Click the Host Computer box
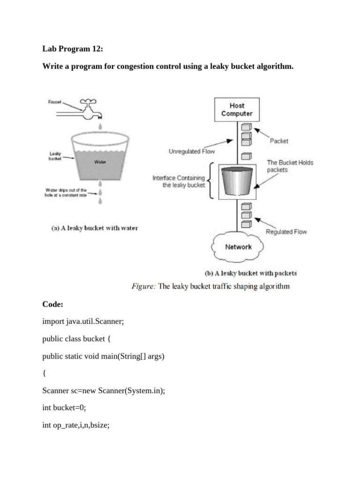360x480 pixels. click(x=237, y=110)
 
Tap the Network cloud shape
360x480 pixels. click(x=238, y=247)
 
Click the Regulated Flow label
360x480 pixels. click(x=286, y=232)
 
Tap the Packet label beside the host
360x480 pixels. click(x=279, y=141)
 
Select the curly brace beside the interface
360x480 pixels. click(x=212, y=180)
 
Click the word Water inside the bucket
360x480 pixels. click(x=100, y=162)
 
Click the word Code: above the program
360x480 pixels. click(x=52, y=305)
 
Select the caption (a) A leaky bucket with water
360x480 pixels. click(x=95, y=228)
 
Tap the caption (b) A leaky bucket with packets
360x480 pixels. click(x=251, y=273)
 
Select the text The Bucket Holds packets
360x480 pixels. click(x=290, y=166)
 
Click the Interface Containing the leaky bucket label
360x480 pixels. click(x=179, y=181)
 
